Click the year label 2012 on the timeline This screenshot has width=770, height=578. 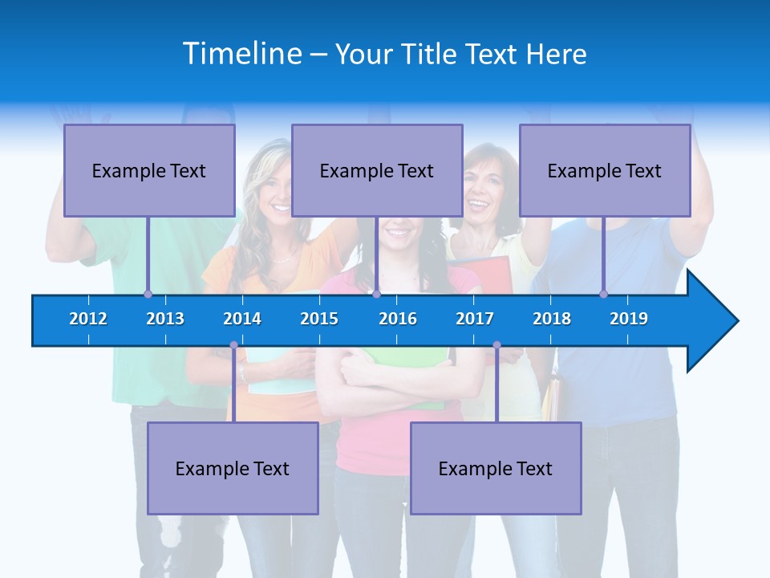(88, 319)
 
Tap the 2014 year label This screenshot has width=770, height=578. (242, 319)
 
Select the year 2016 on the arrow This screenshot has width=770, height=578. (398, 319)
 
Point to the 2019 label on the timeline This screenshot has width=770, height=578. (629, 319)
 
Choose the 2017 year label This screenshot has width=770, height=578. (475, 319)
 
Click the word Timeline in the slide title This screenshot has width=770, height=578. (243, 54)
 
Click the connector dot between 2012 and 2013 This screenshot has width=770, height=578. (148, 294)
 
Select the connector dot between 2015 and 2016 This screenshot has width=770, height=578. (376, 294)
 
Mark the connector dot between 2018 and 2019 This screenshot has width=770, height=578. (604, 294)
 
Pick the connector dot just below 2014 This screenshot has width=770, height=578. (233, 345)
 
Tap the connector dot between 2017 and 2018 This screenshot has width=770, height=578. (496, 345)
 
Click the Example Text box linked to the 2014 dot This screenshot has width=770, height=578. (233, 468)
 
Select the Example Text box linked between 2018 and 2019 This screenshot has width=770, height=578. (605, 170)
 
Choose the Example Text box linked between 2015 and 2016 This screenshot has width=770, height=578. (377, 170)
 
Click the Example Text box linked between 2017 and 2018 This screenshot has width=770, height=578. (496, 468)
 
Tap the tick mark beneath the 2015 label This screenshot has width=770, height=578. (319, 339)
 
